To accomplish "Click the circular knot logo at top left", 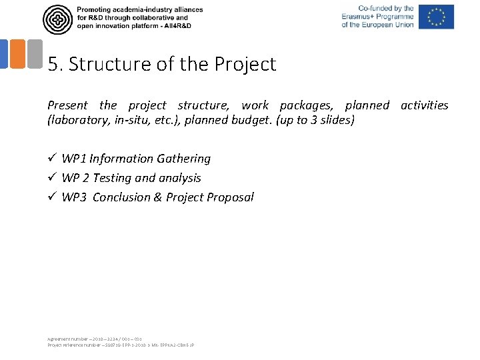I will (x=57, y=19).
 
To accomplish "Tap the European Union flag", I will (x=437, y=17).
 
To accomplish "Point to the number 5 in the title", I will (x=53, y=65).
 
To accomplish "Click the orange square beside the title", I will (x=17, y=54).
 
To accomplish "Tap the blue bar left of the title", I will (x=3, y=54).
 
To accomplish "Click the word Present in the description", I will (x=67, y=105).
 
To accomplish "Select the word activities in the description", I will (x=424, y=105).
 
